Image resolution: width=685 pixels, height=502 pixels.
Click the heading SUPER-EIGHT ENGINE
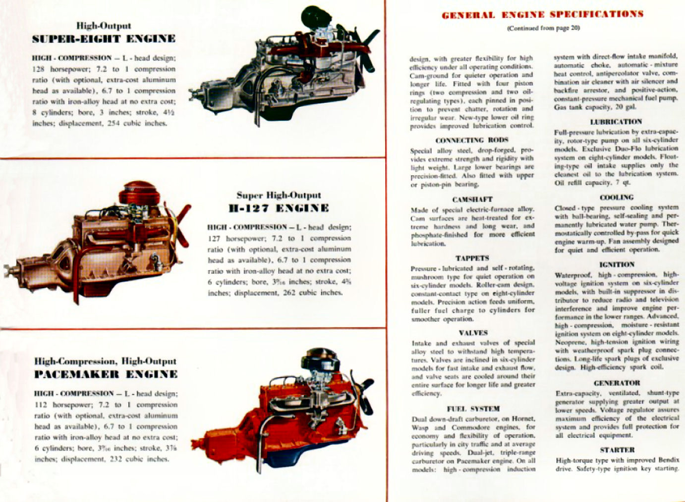(104, 39)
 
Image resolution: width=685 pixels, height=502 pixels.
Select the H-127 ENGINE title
(279, 208)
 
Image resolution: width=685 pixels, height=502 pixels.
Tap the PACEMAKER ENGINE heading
(106, 374)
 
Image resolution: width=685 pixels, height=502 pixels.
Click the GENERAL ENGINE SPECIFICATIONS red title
(542, 14)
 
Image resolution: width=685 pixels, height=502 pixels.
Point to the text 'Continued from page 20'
(543, 28)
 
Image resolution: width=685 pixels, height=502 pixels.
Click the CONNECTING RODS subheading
(472, 140)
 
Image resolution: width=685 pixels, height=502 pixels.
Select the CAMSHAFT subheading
(472, 199)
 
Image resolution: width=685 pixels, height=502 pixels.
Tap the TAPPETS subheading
(472, 258)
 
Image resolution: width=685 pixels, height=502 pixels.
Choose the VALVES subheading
(473, 333)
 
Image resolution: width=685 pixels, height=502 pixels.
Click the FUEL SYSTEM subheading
(473, 409)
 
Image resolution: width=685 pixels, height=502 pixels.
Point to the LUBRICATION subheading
(616, 122)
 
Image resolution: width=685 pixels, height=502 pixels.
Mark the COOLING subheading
(617, 197)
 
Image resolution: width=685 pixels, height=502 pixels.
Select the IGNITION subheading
(617, 264)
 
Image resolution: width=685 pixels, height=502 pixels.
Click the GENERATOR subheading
(617, 383)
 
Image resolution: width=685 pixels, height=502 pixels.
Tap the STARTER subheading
(617, 450)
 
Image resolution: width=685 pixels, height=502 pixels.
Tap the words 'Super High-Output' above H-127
(279, 195)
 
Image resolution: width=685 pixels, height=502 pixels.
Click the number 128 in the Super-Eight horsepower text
(39, 69)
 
